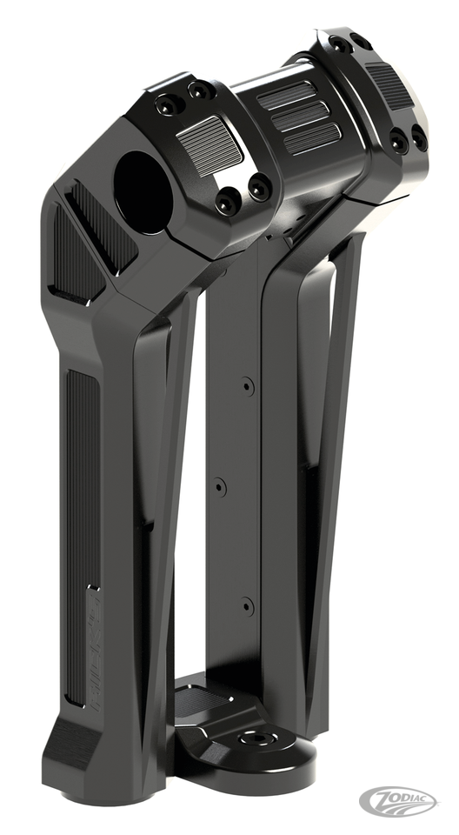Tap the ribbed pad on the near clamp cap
tap(209, 144)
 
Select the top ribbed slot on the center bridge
tap(283, 96)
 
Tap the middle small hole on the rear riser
tap(220, 487)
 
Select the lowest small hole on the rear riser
tap(247, 605)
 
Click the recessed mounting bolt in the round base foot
tap(258, 738)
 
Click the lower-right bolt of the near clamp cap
tap(258, 185)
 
